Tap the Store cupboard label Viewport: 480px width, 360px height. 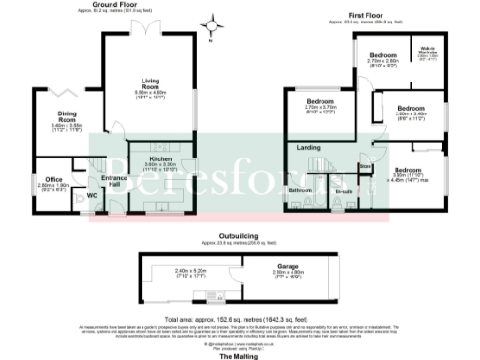366,167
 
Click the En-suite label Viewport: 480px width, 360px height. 344,191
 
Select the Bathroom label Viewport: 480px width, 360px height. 300,190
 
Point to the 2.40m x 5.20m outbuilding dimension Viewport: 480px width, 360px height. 189,273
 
